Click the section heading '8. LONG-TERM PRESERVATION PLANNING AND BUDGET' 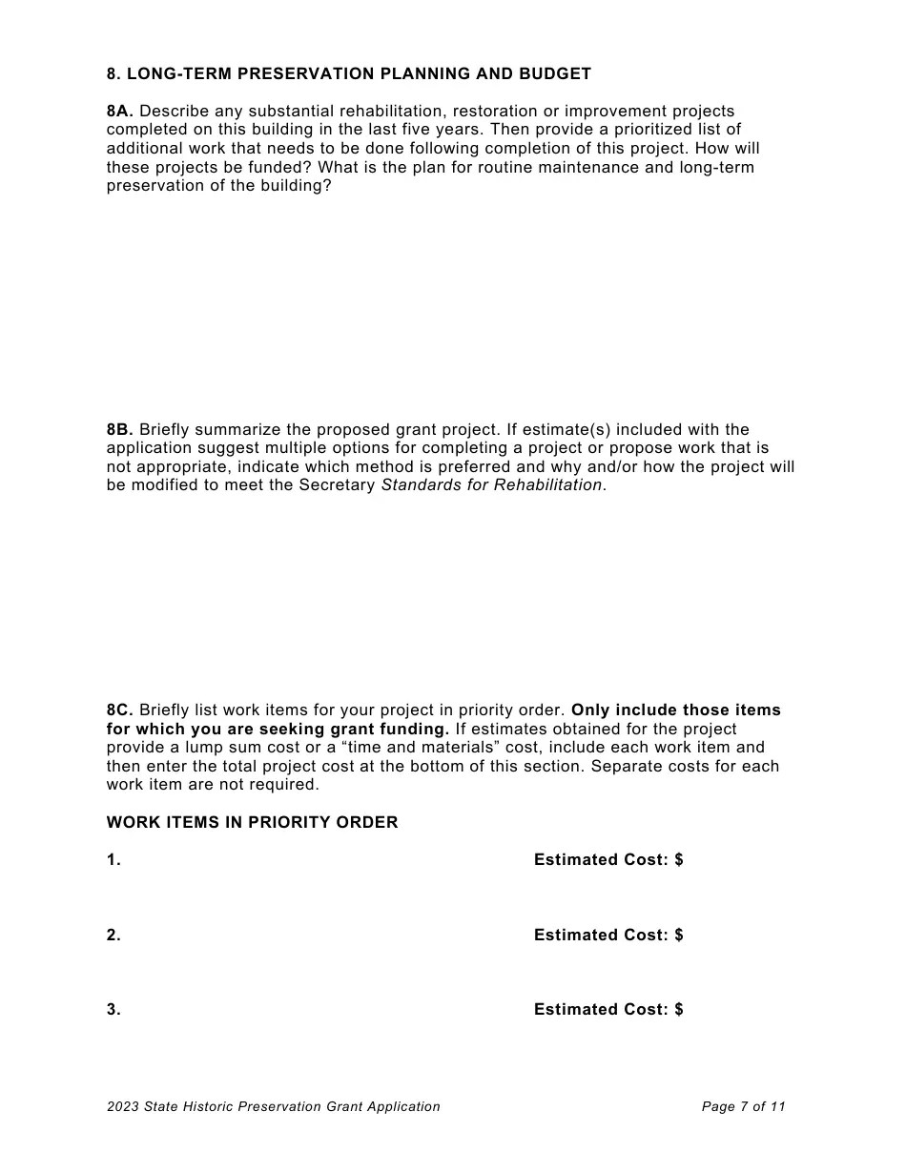pyautogui.click(x=349, y=73)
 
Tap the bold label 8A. pyautogui.click(x=120, y=112)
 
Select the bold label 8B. pyautogui.click(x=120, y=429)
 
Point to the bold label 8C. pyautogui.click(x=120, y=710)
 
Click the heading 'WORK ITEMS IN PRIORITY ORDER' pyautogui.click(x=253, y=822)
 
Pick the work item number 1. pyautogui.click(x=113, y=860)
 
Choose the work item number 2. pyautogui.click(x=113, y=936)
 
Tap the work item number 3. pyautogui.click(x=113, y=1010)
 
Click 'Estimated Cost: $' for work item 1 pyautogui.click(x=608, y=860)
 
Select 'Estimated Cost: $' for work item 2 pyautogui.click(x=608, y=936)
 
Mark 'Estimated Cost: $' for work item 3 pyautogui.click(x=608, y=1010)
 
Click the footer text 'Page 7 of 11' pyautogui.click(x=744, y=1107)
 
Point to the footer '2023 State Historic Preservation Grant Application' pyautogui.click(x=274, y=1107)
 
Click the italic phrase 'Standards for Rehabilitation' pyautogui.click(x=492, y=485)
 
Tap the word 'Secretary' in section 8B pyautogui.click(x=338, y=485)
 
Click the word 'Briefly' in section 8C pyautogui.click(x=164, y=710)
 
